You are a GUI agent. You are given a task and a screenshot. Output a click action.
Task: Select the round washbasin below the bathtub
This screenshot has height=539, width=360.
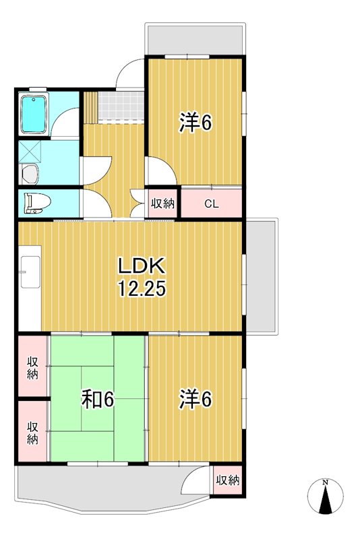(x=30, y=174)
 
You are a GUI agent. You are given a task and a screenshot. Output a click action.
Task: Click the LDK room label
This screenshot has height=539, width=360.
(x=142, y=264)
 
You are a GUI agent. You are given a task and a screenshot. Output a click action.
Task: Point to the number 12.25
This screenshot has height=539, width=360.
(x=142, y=289)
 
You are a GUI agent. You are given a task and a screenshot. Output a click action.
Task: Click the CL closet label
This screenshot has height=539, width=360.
(x=211, y=203)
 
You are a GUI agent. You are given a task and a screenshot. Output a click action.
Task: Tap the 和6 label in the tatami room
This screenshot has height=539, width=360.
(x=98, y=400)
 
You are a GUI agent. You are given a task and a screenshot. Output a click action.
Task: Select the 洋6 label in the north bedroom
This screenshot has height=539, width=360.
(x=196, y=123)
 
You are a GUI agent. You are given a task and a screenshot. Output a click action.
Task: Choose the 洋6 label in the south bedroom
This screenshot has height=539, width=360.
(x=196, y=400)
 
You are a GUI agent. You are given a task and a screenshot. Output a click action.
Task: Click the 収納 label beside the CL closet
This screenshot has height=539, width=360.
(x=162, y=203)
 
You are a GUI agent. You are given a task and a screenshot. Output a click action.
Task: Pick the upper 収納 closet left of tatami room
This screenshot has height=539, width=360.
(x=32, y=367)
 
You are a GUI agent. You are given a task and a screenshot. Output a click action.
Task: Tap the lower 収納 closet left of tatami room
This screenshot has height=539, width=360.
(x=32, y=432)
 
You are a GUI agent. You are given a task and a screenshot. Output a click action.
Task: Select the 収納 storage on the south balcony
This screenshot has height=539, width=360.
(x=228, y=480)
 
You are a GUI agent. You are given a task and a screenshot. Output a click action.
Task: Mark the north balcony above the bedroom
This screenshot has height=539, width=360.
(x=194, y=40)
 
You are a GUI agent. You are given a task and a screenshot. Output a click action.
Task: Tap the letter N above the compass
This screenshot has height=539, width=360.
(x=325, y=482)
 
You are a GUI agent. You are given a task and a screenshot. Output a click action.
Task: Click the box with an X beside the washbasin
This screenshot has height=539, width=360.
(x=30, y=150)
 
